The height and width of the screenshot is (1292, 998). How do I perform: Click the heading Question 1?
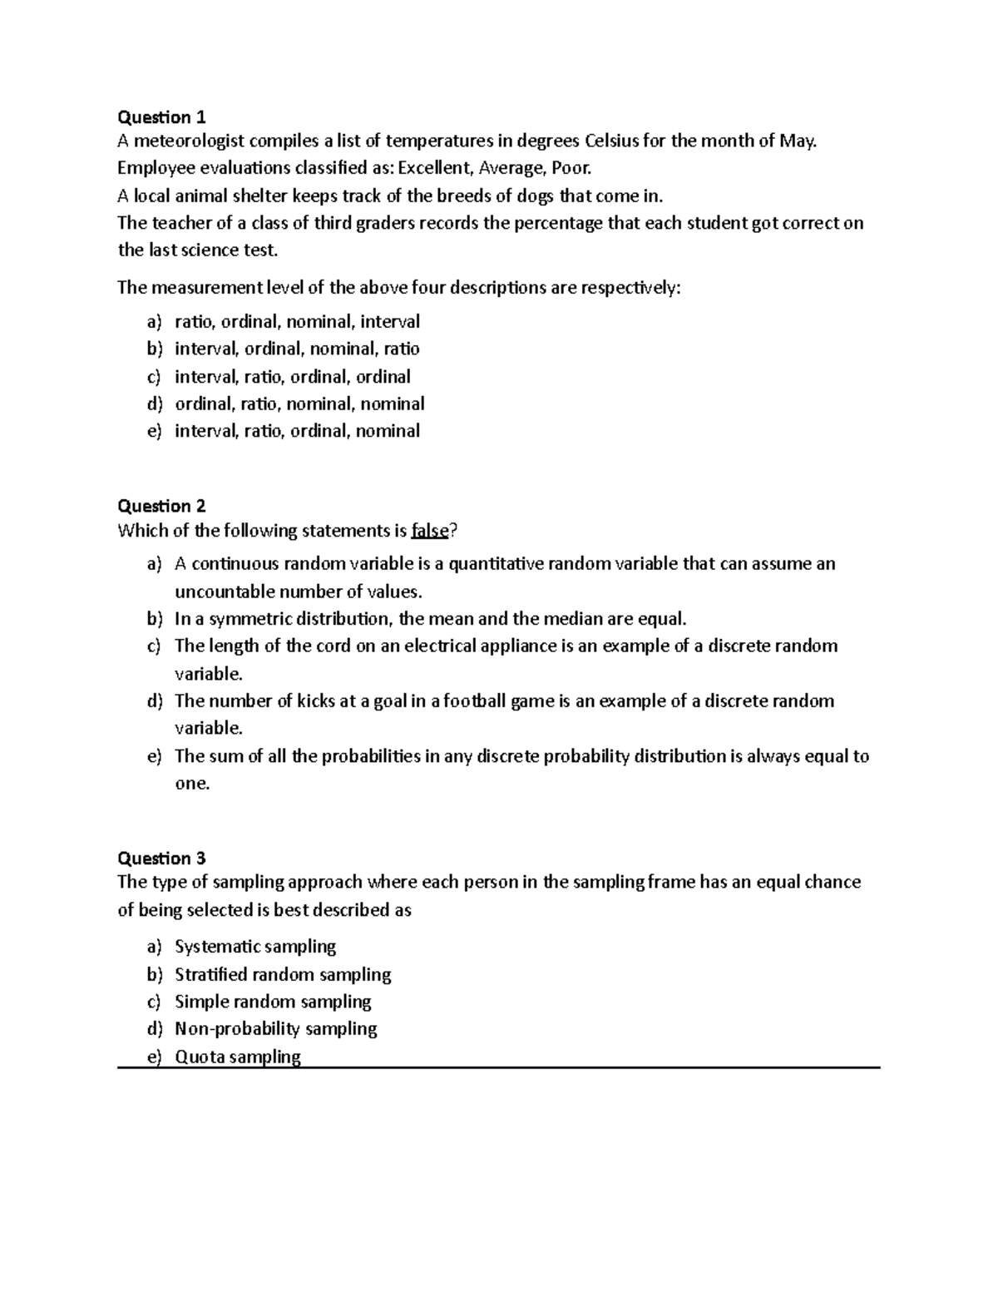[x=161, y=116]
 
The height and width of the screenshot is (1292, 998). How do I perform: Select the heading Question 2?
[x=161, y=506]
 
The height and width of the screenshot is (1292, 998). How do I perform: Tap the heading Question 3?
[x=161, y=858]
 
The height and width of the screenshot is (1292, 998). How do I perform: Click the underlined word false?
[x=430, y=531]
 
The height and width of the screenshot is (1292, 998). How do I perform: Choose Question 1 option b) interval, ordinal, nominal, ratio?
[x=297, y=349]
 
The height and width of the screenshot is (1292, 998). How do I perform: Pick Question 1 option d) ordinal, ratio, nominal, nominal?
[x=299, y=403]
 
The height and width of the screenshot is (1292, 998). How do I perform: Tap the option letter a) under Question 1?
[x=154, y=321]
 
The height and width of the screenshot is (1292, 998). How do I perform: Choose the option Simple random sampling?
[x=273, y=1002]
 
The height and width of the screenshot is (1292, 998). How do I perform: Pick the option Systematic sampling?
[x=255, y=947]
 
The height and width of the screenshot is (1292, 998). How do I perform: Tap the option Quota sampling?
[x=238, y=1057]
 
